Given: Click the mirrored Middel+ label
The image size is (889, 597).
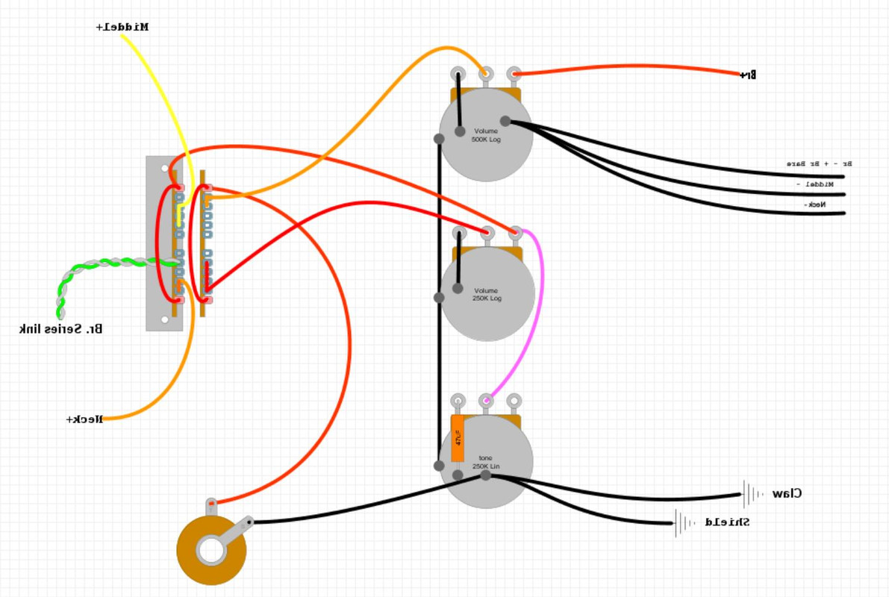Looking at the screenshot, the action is [x=122, y=27].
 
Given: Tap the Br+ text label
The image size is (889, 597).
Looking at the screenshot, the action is [x=748, y=75].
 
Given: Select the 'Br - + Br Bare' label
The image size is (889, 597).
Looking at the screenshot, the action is [x=819, y=163].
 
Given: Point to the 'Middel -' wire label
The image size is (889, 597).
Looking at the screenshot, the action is [x=814, y=184].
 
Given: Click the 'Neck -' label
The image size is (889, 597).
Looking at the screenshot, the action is [x=816, y=204].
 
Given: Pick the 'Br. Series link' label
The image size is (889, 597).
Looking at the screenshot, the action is [x=60, y=328].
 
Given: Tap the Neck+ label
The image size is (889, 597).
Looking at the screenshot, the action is [x=84, y=419].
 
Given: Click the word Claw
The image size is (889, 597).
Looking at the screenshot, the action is [x=787, y=493].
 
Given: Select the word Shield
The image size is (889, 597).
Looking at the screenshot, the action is [x=727, y=522].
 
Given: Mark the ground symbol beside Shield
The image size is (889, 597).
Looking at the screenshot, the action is [x=684, y=523].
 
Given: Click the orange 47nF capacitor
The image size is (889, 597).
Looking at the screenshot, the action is [x=458, y=438].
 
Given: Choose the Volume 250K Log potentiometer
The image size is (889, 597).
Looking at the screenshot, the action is [x=487, y=294].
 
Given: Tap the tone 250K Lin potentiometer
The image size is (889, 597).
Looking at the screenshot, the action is [x=486, y=462].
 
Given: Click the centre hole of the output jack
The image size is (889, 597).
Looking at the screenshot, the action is [x=211, y=551].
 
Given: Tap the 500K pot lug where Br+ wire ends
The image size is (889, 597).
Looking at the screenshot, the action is [x=514, y=74].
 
